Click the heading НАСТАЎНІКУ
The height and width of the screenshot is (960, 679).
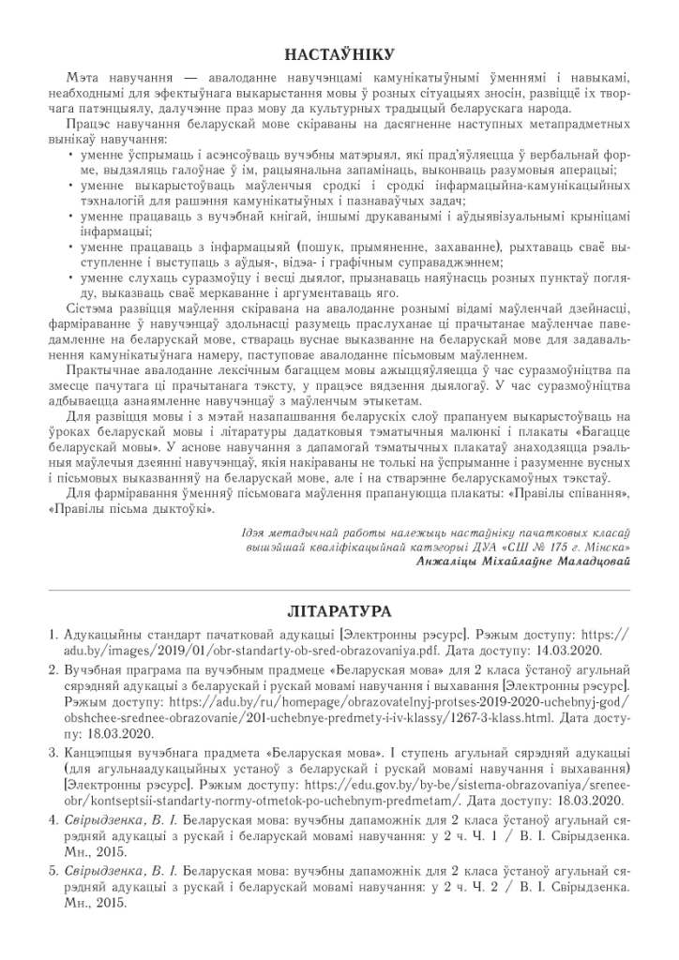click(x=339, y=53)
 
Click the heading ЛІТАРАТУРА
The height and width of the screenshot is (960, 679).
click(x=339, y=611)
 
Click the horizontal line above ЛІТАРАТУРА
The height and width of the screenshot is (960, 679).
click(x=339, y=588)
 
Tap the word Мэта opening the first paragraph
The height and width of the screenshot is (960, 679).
click(x=83, y=77)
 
